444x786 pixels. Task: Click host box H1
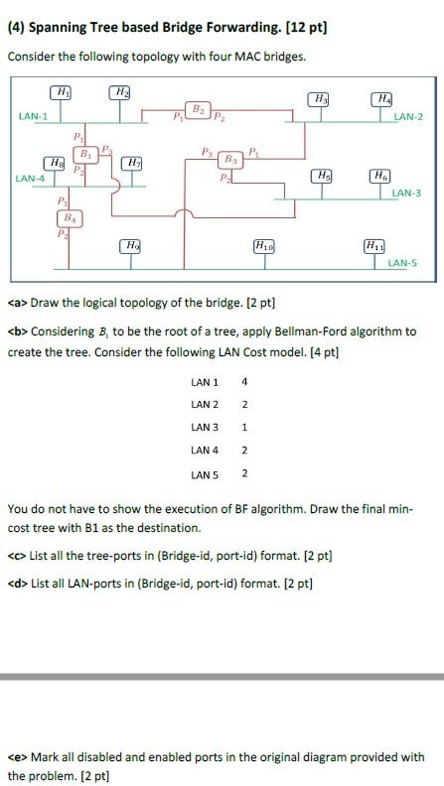(64, 92)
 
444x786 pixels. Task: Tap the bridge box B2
(199, 109)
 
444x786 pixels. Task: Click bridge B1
(85, 155)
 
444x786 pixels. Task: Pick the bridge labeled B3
(231, 159)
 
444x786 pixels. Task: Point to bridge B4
(69, 217)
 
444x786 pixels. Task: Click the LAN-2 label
(408, 117)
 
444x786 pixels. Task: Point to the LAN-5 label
(402, 263)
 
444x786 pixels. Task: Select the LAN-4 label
(30, 179)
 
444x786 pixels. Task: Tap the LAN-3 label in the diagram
(405, 193)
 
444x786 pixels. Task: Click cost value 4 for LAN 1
(244, 381)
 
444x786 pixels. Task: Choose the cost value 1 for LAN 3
(244, 427)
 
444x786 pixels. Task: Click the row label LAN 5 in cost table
(205, 473)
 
